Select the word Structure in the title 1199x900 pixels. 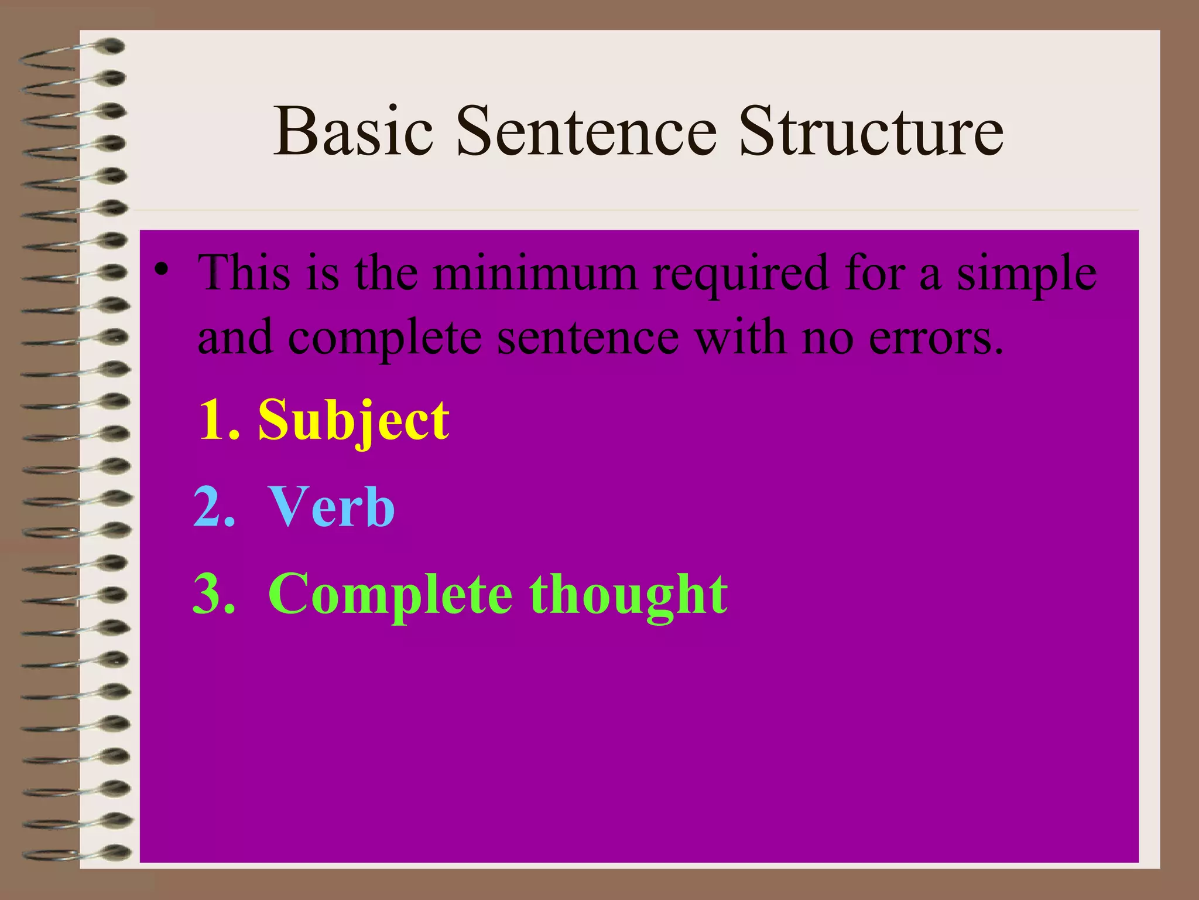coord(871,132)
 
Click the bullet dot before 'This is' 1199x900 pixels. coord(161,270)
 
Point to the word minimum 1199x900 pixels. coord(535,273)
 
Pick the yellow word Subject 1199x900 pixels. coord(354,421)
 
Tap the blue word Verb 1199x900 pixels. coord(331,507)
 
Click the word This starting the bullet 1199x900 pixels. coord(245,273)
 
